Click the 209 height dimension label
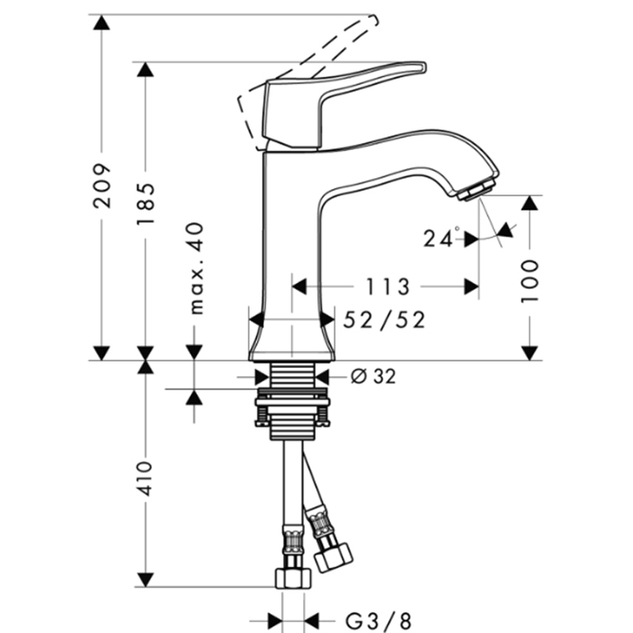[101, 185]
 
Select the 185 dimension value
[146, 204]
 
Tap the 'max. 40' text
[196, 268]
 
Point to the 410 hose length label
[144, 478]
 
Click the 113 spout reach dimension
[388, 287]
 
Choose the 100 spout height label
[530, 281]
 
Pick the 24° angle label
[441, 237]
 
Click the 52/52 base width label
[384, 320]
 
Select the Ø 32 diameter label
[373, 377]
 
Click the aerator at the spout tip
[477, 191]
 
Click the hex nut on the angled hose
[333, 557]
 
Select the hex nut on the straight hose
[294, 578]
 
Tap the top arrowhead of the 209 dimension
[101, 23]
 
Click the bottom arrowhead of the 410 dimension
[146, 580]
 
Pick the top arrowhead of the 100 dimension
[529, 203]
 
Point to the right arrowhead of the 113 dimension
[471, 287]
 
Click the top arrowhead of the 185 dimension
[146, 70]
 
